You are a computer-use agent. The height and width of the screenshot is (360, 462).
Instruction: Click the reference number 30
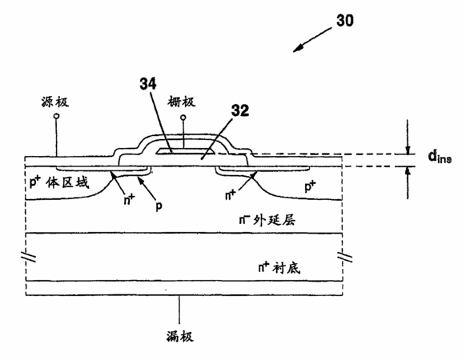pos(345,21)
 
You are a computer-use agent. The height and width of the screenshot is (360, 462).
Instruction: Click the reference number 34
pos(148,83)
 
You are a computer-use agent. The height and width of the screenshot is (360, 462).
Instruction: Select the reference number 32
pos(240,110)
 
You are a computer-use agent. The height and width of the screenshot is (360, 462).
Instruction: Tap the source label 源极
pos(55,102)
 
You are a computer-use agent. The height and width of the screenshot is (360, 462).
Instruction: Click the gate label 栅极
pos(182,102)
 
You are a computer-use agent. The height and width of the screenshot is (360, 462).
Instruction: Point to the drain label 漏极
pos(180,336)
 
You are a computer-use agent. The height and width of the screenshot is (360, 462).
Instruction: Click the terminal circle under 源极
pos(56,116)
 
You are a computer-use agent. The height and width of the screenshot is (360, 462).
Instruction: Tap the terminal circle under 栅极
pos(183,118)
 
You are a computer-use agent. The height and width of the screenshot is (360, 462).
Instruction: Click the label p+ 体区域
pos(59,182)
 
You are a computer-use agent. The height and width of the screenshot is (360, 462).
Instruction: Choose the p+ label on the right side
pos(310,186)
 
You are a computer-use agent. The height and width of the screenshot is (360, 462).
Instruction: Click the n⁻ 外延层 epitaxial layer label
pos(267,219)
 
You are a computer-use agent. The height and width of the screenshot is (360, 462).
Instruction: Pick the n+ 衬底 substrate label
pos(279,267)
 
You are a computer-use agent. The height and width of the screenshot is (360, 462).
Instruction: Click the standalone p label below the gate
pos(159,206)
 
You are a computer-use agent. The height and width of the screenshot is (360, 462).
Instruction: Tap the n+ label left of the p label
pos(129,200)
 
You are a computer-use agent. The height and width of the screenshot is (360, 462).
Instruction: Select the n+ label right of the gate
pos(231,194)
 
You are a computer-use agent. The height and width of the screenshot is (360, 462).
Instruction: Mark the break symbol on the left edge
pos(29,256)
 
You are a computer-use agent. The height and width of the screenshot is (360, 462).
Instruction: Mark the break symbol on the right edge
pos(345,256)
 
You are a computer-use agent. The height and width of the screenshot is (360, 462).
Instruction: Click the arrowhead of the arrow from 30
pos(298,48)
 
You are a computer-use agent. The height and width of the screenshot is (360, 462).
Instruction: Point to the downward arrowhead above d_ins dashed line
pos(408,150)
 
